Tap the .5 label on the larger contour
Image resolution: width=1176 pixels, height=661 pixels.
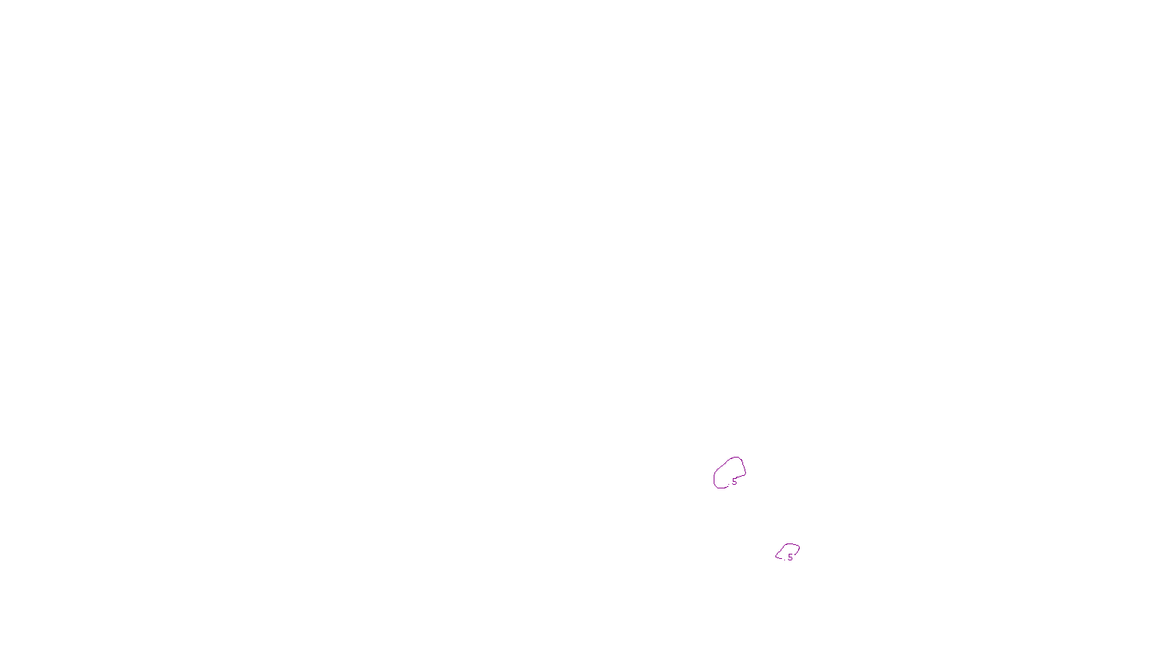(734, 482)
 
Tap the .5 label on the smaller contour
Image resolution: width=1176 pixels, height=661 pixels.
(790, 557)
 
